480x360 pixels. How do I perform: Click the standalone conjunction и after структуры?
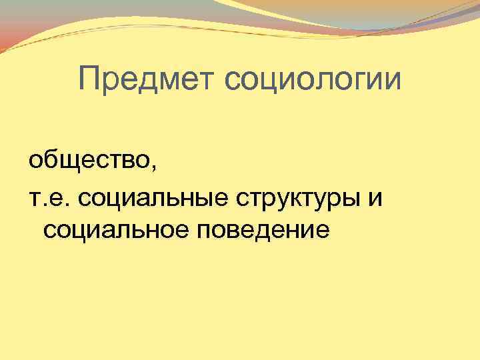[375, 198]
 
